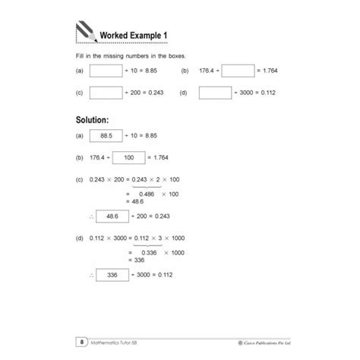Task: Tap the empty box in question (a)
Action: [x=106, y=71]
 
